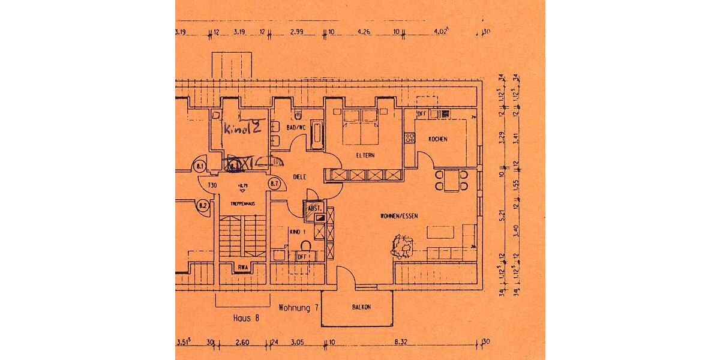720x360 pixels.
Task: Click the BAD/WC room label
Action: point(296,128)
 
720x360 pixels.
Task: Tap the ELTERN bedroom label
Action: point(365,155)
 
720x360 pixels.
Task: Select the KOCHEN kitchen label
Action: point(437,139)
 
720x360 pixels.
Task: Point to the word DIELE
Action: point(300,177)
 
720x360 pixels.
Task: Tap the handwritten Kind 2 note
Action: point(242,128)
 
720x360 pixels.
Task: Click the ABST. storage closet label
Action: point(314,208)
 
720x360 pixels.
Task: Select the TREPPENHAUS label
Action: point(243,204)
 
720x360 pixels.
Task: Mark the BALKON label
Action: point(361,307)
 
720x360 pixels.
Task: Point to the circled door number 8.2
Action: point(203,206)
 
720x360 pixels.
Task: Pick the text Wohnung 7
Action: point(298,307)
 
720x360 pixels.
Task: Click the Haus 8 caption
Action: point(245,319)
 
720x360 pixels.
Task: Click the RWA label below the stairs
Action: point(243,268)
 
